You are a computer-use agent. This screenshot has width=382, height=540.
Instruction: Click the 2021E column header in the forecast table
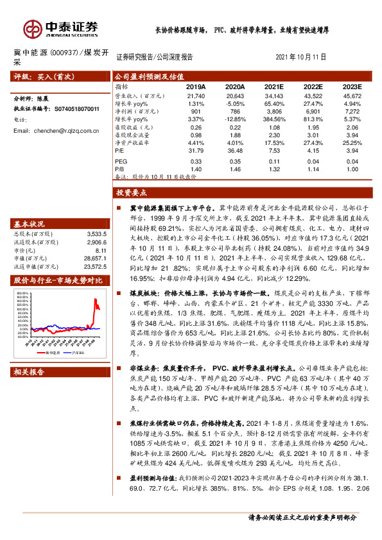(x=275, y=86)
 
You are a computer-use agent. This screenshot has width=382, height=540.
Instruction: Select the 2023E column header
(x=351, y=86)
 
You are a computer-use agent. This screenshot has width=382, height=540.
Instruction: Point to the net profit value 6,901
(x=313, y=111)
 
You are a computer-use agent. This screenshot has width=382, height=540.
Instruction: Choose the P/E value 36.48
(x=235, y=151)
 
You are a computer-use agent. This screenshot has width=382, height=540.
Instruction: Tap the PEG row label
(x=121, y=161)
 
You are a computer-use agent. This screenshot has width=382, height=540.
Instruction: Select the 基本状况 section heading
(x=29, y=224)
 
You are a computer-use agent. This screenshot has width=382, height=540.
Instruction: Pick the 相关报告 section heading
(x=29, y=373)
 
